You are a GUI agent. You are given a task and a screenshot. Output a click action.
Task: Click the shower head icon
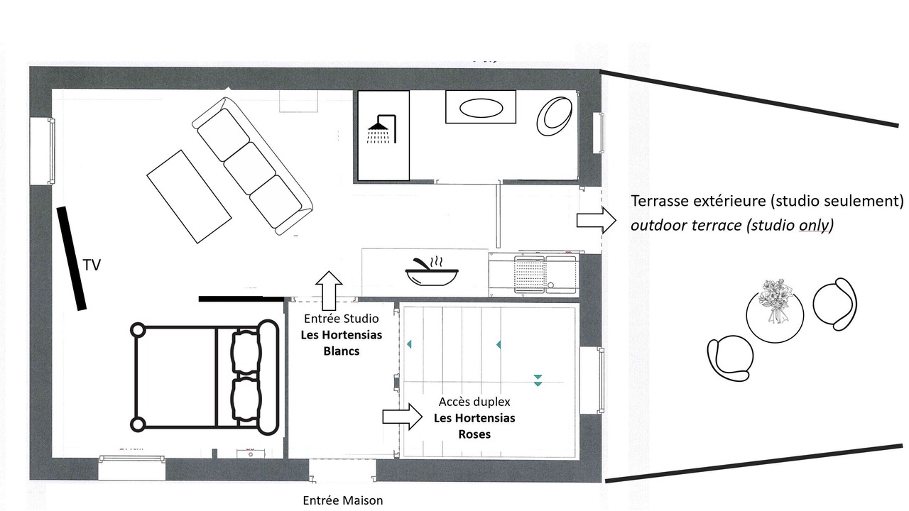pyautogui.click(x=381, y=129)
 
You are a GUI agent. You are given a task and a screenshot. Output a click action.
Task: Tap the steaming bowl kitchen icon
pyautogui.click(x=432, y=271)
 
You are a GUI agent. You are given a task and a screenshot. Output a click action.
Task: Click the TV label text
pyautogui.click(x=92, y=265)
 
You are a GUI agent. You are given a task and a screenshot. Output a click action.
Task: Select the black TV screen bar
pyautogui.click(x=72, y=259)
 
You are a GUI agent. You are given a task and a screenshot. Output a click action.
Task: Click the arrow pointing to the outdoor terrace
pyautogui.click(x=597, y=220)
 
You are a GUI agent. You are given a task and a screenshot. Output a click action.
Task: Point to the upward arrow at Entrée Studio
pyautogui.click(x=329, y=291)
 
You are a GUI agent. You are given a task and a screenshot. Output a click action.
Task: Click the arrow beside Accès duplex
pyautogui.click(x=402, y=417)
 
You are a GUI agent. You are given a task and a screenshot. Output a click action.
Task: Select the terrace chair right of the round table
pyautogui.click(x=835, y=303)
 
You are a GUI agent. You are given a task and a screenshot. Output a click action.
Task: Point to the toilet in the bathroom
pyautogui.click(x=555, y=116)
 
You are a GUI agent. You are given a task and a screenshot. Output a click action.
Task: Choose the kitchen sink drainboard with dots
pyautogui.click(x=529, y=274)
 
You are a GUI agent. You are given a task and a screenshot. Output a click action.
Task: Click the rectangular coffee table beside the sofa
pyautogui.click(x=189, y=197)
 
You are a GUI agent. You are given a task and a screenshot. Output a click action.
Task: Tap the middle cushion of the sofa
pyautogui.click(x=249, y=168)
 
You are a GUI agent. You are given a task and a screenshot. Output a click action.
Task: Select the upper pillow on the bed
pyautogui.click(x=246, y=351)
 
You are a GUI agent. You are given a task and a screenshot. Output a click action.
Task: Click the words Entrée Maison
pyautogui.click(x=343, y=501)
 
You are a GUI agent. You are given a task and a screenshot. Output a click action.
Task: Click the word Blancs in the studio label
pyautogui.click(x=342, y=351)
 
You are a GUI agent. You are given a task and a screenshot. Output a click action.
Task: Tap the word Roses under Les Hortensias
pyautogui.click(x=474, y=434)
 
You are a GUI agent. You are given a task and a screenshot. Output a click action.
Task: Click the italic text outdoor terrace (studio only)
pyautogui.click(x=731, y=225)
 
